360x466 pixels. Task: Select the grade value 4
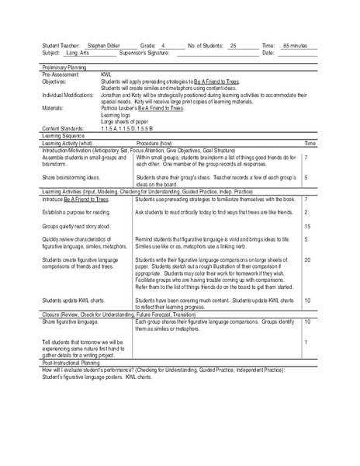coord(175,47)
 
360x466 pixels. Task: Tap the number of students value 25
coord(233,47)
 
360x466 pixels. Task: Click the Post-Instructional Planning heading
coord(67,362)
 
